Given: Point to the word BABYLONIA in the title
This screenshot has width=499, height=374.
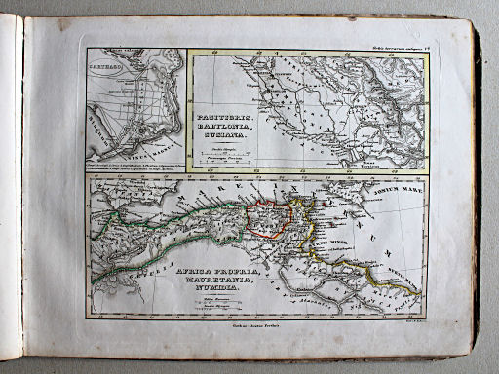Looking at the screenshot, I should [225, 127].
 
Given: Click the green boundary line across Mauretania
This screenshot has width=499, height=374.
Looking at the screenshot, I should [156, 243].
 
